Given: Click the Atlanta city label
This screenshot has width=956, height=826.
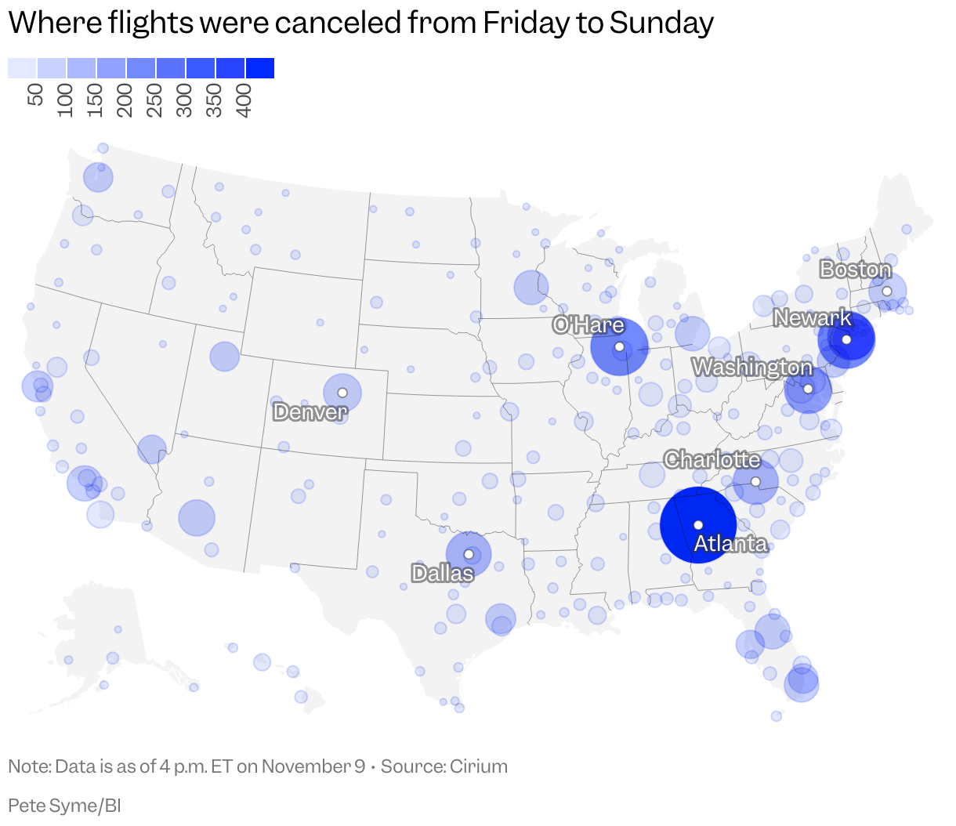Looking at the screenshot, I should (730, 543).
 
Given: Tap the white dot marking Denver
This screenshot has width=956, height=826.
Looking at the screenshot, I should (342, 393).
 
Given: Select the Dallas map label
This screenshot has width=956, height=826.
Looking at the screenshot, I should (443, 573).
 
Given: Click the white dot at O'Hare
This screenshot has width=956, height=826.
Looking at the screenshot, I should (619, 346).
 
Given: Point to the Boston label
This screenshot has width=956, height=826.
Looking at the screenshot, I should (855, 270).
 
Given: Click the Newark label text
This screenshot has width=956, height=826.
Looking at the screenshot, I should (813, 317).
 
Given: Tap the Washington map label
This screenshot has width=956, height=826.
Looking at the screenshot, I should (752, 367).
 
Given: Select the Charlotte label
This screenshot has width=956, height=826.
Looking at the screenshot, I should (712, 459).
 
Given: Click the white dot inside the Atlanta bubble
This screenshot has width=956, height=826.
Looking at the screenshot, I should (698, 525).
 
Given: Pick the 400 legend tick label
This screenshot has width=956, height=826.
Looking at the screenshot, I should (244, 101).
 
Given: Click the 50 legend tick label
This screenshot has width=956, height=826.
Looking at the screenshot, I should (36, 96).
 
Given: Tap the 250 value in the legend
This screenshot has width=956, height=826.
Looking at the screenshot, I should (155, 101).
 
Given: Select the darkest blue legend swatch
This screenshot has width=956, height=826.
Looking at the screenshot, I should (260, 68).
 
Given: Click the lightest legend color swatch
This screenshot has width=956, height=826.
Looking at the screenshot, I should (22, 68).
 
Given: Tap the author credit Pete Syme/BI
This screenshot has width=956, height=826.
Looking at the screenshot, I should (64, 806).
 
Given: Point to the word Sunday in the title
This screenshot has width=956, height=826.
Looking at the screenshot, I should (661, 24).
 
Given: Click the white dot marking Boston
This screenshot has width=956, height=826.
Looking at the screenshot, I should (887, 291).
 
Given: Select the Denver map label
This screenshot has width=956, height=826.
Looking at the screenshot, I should (310, 411).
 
